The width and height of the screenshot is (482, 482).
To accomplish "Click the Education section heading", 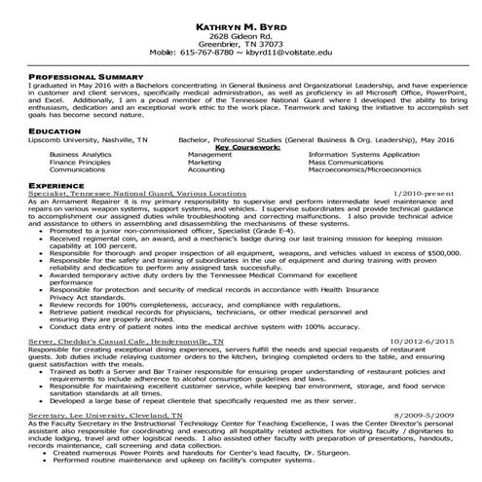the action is tap(55, 130).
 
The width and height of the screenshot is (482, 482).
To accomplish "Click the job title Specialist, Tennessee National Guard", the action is tap(137, 194).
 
